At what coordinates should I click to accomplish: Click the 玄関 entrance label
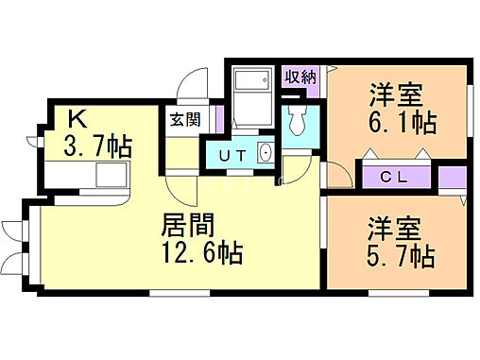(183, 120)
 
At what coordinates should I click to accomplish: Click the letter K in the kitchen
(78, 120)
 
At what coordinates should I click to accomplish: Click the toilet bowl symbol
(296, 119)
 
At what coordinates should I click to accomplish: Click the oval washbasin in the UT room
(264, 153)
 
